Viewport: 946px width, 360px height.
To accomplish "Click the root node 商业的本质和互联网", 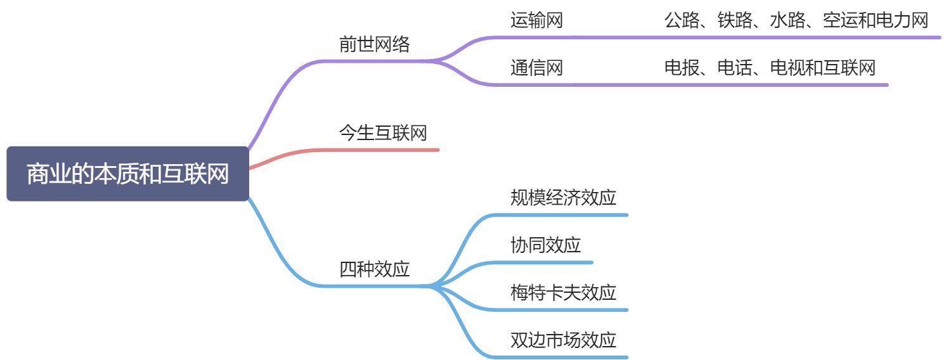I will (x=127, y=174).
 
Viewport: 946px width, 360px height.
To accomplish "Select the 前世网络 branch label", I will (x=375, y=44).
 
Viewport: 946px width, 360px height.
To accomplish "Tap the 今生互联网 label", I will (x=383, y=132).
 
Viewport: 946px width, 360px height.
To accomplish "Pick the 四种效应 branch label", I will (x=375, y=269).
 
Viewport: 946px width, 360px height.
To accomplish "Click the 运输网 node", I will (x=536, y=21).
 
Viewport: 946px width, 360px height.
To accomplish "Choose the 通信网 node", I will (x=536, y=68).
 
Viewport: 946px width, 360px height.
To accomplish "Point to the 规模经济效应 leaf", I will (x=563, y=198).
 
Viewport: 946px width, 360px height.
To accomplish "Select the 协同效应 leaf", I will (x=545, y=245).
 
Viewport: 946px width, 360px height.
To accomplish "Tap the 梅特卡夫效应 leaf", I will (x=563, y=293).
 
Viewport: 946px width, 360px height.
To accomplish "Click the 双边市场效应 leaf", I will (x=563, y=340).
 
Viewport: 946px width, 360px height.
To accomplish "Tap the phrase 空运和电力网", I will (x=875, y=21).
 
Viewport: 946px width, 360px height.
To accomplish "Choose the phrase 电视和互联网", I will (x=822, y=68).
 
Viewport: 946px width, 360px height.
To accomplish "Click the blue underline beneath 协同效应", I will (x=545, y=262).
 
